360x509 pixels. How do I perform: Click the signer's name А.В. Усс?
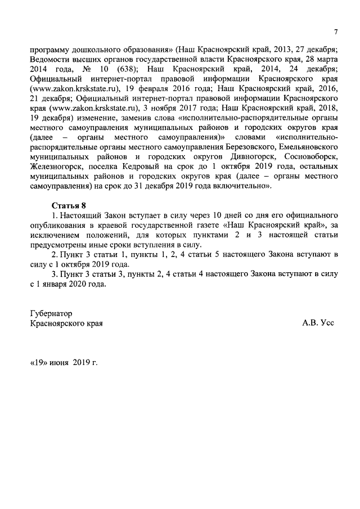[x=318, y=324]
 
